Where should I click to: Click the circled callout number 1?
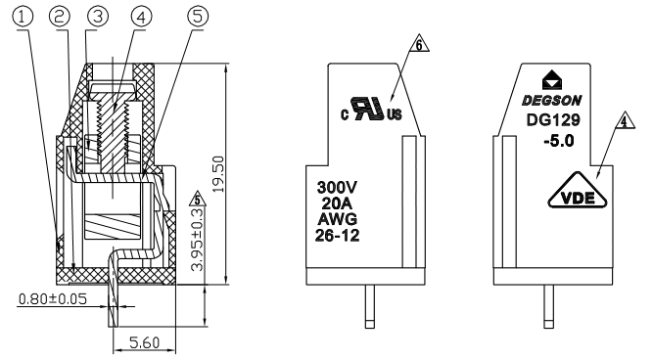click(23, 17)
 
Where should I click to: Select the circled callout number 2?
click(60, 17)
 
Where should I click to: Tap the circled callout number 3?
click(98, 17)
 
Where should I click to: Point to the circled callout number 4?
click(141, 17)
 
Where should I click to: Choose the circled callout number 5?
click(198, 17)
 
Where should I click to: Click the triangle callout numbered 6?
click(419, 44)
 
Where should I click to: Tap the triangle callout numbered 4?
click(625, 121)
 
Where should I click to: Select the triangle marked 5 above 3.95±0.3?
click(198, 200)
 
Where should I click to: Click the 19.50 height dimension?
click(218, 174)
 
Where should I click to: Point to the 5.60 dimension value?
click(144, 342)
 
